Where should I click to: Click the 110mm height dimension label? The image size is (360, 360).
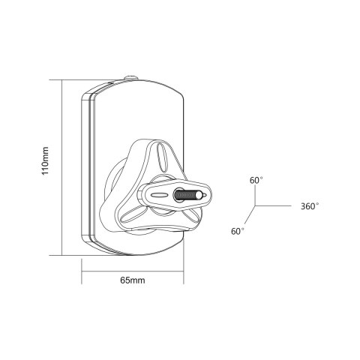45,160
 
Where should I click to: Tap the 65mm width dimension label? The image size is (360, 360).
133,280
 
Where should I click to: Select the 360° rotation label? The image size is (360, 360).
310,206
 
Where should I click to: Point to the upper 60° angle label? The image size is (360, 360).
256,180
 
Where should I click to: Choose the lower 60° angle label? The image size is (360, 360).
238,231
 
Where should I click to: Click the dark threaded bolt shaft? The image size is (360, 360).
185,195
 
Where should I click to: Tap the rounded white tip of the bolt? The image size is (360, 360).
199,195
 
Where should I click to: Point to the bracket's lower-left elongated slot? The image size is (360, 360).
131,215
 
